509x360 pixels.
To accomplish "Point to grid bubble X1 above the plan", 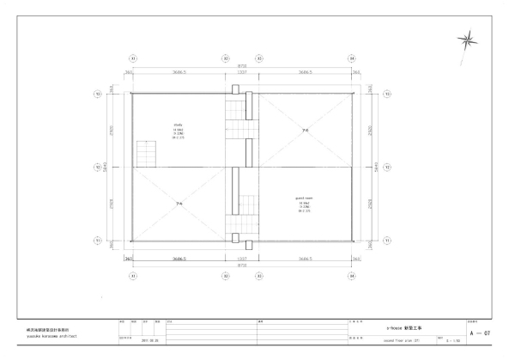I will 132,58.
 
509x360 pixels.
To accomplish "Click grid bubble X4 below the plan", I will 352,276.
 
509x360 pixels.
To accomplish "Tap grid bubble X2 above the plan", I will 225,58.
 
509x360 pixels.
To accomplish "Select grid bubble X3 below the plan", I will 259,276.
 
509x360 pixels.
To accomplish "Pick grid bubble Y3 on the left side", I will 98,94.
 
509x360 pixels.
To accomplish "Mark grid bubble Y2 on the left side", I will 98,167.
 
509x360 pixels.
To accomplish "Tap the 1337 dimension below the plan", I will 242,258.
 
